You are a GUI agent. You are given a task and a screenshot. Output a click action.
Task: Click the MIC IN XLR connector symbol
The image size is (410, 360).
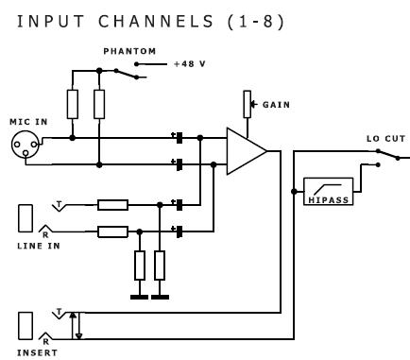[26, 145]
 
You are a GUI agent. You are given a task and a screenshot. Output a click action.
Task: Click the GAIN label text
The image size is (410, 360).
[276, 105]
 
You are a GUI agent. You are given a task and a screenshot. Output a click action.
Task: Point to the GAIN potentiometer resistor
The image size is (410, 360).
[248, 104]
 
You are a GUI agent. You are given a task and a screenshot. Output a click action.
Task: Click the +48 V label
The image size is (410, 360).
[190, 64]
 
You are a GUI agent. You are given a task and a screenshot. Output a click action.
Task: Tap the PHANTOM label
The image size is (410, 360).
[129, 51]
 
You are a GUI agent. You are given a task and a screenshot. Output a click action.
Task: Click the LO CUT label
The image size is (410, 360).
[385, 139]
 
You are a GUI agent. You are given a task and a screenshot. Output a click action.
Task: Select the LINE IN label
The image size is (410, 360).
[39, 246]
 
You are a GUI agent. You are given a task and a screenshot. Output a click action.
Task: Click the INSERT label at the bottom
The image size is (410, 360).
[37, 352]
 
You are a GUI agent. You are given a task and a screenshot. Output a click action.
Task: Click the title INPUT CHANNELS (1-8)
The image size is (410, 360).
[150, 22]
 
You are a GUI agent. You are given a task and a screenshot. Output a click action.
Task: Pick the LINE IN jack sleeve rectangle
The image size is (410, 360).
[26, 218]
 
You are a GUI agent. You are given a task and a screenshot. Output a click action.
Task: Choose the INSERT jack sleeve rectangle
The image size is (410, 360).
[26, 326]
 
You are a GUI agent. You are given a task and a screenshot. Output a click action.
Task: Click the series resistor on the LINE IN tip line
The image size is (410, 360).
[112, 205]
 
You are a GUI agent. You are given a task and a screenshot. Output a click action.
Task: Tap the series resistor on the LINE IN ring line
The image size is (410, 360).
[112, 231]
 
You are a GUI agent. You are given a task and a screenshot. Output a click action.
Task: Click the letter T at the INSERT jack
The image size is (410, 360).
[59, 313]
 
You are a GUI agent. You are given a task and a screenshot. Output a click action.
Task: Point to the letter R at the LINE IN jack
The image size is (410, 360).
[45, 235]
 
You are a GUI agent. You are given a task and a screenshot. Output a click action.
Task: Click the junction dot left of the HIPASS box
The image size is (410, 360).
[294, 191]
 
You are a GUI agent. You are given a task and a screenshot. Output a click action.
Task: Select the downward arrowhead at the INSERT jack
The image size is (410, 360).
[78, 336]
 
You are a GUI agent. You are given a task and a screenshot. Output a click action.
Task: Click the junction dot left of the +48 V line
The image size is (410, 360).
[136, 64]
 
